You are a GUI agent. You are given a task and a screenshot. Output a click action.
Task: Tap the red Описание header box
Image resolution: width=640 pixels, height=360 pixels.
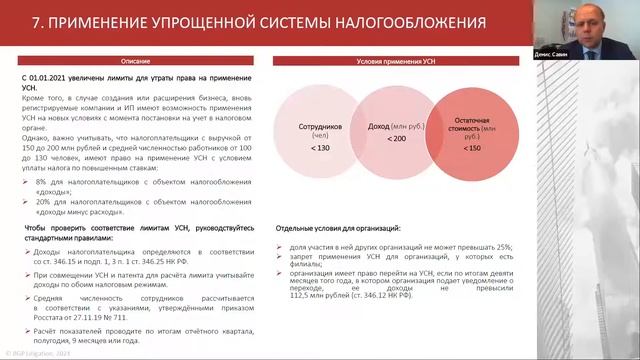pyautogui.click(x=137, y=60)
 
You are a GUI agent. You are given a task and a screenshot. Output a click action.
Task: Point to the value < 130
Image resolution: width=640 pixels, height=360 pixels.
pyautogui.click(x=320, y=148)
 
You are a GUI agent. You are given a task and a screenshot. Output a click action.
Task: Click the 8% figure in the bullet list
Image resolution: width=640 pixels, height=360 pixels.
pyautogui.click(x=42, y=183)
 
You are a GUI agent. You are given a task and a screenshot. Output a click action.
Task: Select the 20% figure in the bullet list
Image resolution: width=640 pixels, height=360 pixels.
pyautogui.click(x=44, y=203)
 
